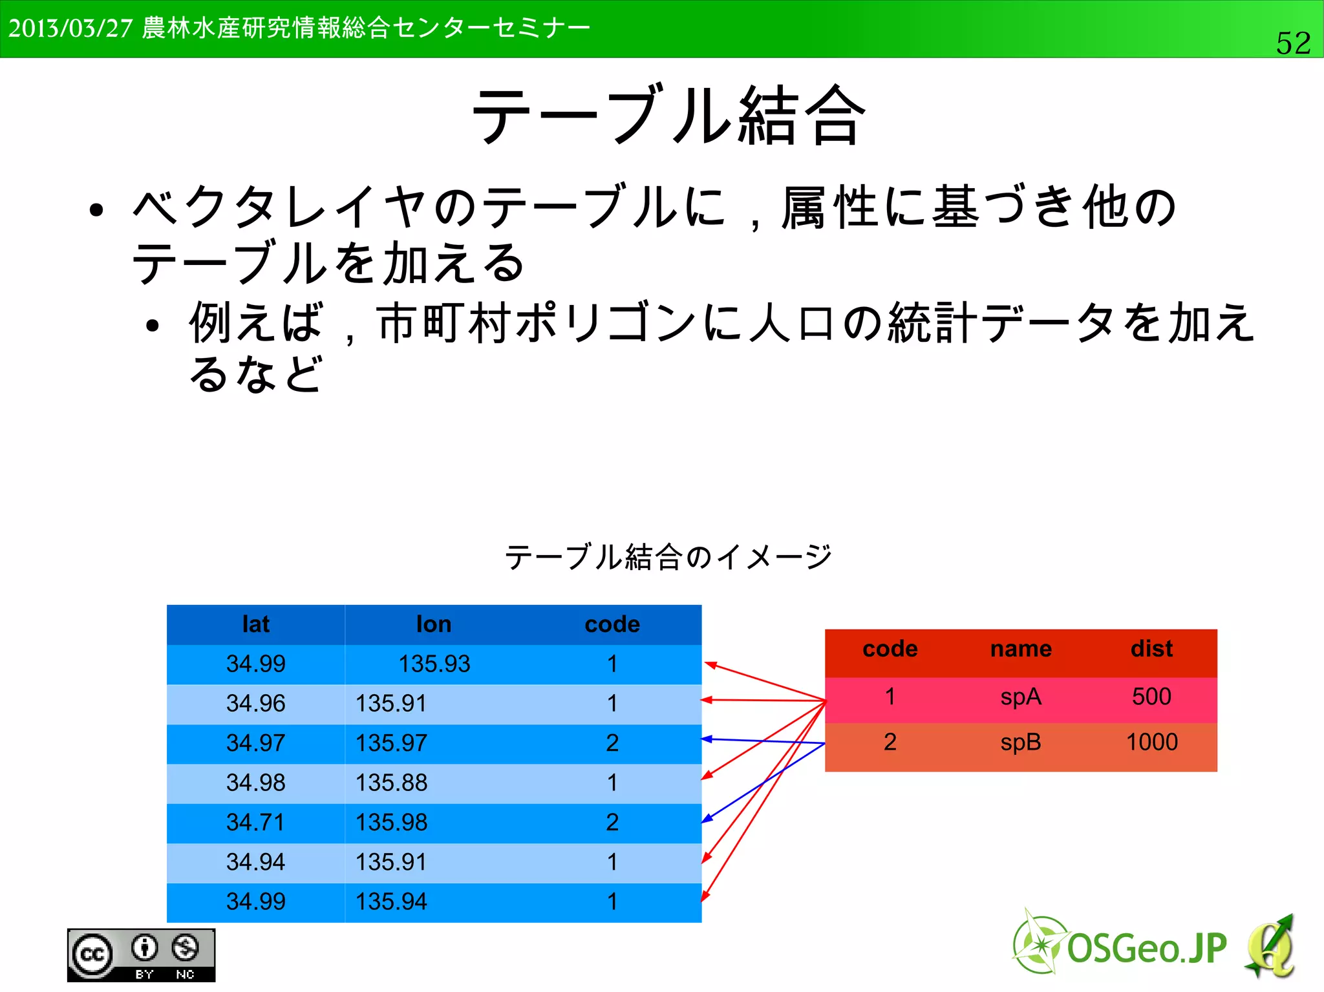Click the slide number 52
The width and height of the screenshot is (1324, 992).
point(1293,43)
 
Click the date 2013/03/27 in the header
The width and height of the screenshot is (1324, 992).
point(70,28)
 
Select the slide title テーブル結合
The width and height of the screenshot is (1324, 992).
point(669,116)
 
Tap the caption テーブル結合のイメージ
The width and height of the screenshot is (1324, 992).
point(668,556)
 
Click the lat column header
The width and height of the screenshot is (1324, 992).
point(255,624)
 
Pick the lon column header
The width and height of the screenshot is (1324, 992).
point(434,624)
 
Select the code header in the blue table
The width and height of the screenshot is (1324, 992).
point(612,624)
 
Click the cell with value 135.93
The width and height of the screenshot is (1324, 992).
point(434,664)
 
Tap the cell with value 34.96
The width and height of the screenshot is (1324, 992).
point(255,704)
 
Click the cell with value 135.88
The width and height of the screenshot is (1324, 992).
point(391,783)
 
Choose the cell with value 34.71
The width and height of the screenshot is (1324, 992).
point(255,823)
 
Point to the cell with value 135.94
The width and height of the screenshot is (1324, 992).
point(391,902)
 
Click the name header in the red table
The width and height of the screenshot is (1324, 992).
point(1021,649)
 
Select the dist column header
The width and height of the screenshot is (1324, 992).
point(1151,649)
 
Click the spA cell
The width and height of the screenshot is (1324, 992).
point(1021,697)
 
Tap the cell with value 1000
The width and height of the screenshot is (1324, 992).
point(1151,742)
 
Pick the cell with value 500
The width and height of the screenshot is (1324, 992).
point(1151,697)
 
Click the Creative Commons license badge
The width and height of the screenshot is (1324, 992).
point(141,955)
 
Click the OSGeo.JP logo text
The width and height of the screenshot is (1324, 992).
point(1146,948)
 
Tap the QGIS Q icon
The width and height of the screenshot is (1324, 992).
point(1270,947)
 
